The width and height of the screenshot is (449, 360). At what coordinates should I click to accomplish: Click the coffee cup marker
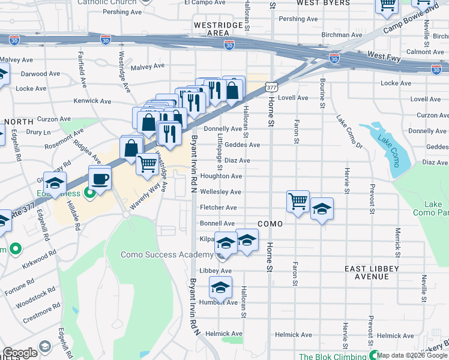100,178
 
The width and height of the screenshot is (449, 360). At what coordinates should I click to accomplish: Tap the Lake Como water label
387,144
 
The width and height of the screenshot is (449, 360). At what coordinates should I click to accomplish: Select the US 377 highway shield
272,88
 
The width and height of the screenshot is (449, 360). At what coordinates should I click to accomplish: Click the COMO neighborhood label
270,223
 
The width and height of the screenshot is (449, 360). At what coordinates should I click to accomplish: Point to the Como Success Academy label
166,254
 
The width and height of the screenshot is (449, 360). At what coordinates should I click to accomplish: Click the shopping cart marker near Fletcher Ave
298,201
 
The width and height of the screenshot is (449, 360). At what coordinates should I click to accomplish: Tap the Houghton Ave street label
221,176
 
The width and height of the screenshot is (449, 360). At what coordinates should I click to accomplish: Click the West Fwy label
384,55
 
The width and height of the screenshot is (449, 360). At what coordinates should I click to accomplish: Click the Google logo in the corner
20,353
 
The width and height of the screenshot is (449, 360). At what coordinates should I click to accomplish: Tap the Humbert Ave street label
219,302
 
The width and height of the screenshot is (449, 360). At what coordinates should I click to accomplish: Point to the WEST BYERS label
324,3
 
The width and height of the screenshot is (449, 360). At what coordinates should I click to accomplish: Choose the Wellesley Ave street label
220,192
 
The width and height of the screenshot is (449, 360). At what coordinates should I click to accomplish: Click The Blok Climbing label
333,356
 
